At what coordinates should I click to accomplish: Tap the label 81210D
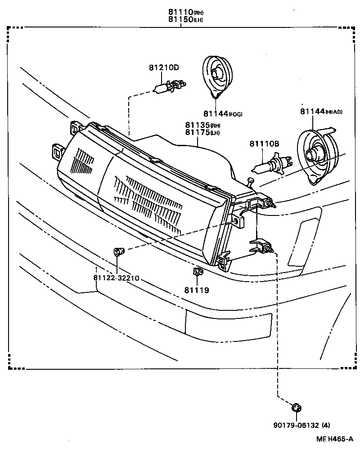[164, 67]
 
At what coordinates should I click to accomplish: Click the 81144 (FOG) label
[222, 114]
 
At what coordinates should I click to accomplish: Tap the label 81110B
[265, 143]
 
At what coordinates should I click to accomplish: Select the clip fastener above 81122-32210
[118, 251]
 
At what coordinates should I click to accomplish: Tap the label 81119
[196, 290]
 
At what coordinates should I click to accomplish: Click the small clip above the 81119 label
[197, 272]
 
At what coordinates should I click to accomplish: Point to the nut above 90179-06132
[296, 408]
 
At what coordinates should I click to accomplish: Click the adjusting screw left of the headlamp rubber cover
[251, 182]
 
